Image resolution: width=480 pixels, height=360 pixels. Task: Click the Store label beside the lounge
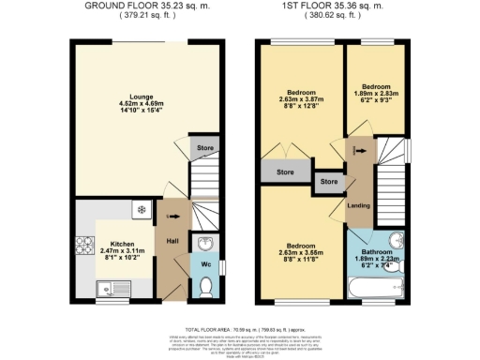[204, 148]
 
